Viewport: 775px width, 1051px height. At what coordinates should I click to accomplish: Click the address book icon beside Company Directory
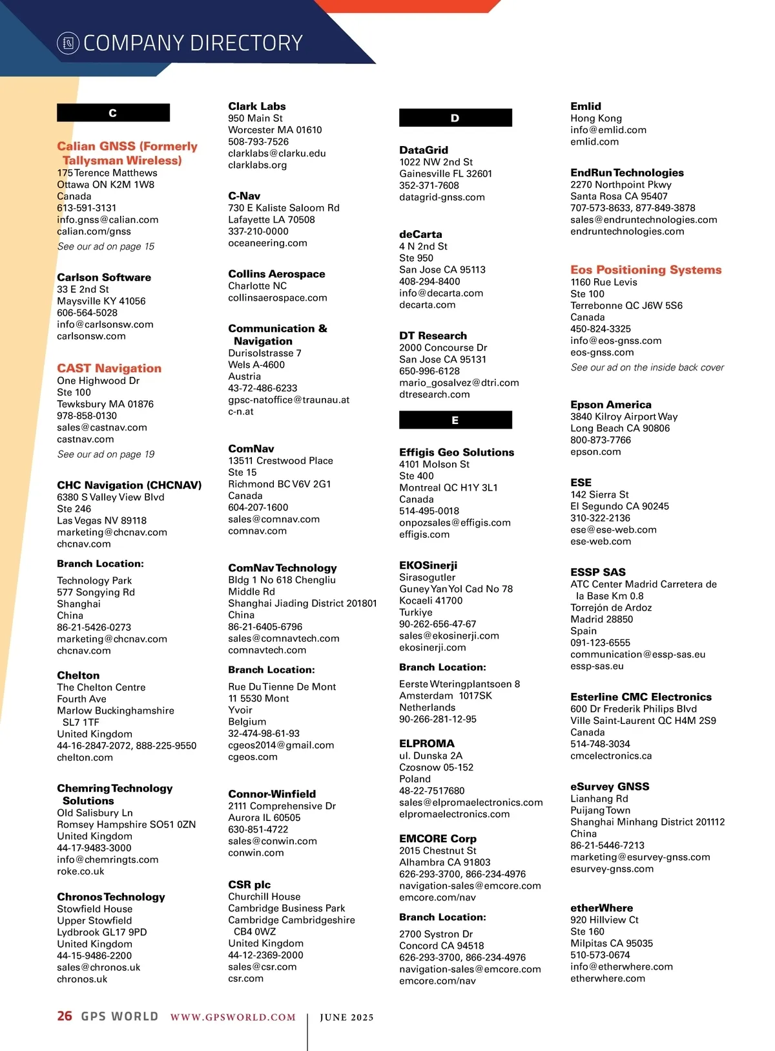(68, 43)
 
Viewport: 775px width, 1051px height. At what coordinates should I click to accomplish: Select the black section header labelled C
(113, 113)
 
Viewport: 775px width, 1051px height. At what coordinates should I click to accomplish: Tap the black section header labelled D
(455, 118)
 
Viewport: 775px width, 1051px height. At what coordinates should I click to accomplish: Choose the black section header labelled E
(455, 420)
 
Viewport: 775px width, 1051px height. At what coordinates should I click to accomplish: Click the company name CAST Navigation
(109, 368)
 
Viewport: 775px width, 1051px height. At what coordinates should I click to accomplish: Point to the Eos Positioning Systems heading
(646, 270)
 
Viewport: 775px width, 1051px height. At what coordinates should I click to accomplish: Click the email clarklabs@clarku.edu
(276, 153)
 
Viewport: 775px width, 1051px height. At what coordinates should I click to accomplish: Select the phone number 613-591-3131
(87, 208)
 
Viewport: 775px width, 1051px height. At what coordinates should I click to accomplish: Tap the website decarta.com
(427, 304)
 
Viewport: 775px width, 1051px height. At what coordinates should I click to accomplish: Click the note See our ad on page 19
(106, 454)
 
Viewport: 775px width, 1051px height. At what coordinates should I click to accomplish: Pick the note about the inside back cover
(647, 367)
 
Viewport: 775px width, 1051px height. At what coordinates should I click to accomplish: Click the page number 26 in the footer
(65, 1016)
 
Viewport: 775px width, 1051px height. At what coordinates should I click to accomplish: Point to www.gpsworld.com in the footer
(232, 1017)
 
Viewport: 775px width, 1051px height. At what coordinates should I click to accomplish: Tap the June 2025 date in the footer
(347, 1017)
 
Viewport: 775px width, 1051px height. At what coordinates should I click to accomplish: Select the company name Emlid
(586, 106)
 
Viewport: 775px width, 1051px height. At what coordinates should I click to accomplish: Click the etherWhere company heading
(601, 908)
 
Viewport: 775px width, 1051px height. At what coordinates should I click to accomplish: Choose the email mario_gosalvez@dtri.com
(459, 383)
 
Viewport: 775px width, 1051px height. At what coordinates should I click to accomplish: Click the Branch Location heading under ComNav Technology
(271, 670)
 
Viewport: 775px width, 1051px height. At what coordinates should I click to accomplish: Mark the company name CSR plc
(249, 885)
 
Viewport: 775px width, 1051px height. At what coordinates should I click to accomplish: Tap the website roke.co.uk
(80, 871)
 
